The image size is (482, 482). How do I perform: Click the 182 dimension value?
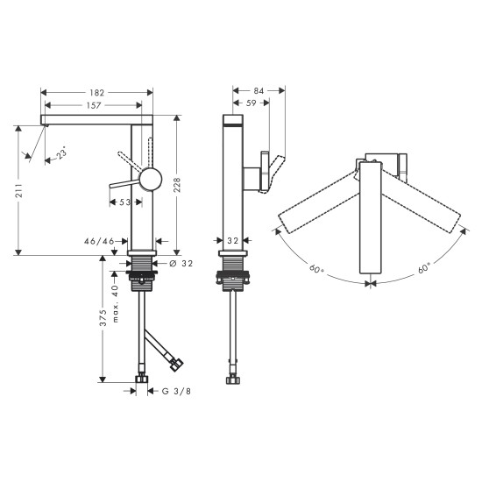(x=97, y=91)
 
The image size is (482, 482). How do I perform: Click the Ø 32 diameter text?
(x=181, y=263)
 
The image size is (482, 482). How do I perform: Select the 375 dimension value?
(x=103, y=319)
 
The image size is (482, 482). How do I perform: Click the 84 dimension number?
(x=259, y=91)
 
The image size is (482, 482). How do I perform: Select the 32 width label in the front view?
(x=233, y=240)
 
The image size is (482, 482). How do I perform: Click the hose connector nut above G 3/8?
(x=141, y=380)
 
